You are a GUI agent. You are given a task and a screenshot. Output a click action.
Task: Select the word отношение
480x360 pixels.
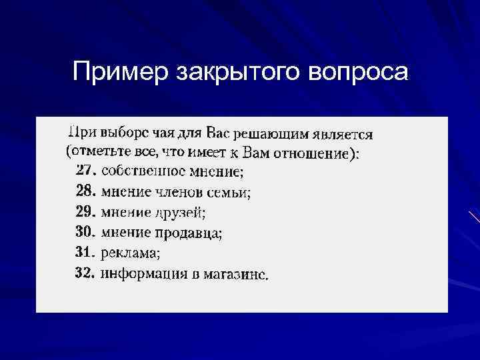coord(312,153)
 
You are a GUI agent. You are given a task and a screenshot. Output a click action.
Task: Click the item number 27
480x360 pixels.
coord(86,171)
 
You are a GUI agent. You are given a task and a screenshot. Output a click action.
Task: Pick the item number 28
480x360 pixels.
coord(86,192)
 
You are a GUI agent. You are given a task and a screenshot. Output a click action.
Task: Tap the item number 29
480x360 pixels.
coord(86,212)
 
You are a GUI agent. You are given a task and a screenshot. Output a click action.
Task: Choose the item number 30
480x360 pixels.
coord(86,232)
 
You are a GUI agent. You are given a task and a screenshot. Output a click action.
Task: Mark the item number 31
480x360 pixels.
coord(86,252)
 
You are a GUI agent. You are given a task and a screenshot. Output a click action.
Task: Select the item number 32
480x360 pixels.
coord(86,273)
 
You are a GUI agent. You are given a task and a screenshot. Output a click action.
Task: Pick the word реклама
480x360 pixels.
coord(130,253)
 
